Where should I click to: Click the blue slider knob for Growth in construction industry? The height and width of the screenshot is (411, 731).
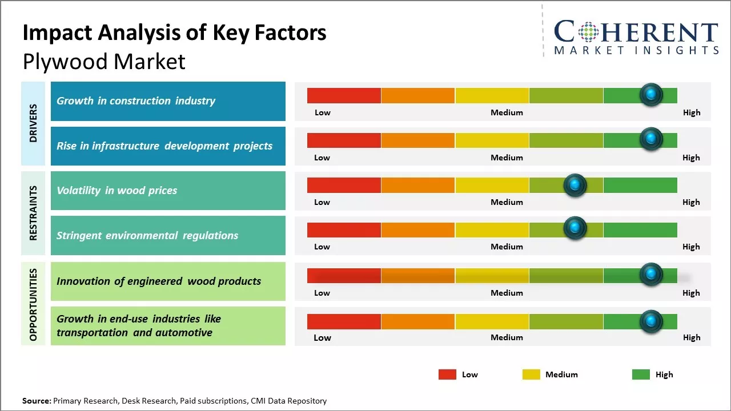tap(651, 95)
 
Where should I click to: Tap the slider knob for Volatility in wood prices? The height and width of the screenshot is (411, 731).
tap(575, 185)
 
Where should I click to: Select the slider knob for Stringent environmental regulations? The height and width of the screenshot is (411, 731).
tap(575, 228)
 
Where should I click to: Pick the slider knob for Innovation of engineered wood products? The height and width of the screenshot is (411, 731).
tap(651, 275)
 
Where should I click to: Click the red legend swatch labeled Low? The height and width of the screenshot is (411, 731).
tap(447, 374)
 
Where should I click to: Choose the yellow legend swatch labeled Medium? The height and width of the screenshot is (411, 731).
tap(531, 374)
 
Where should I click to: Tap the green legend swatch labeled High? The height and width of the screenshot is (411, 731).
tap(641, 374)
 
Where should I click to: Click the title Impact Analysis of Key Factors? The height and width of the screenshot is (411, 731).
tap(174, 33)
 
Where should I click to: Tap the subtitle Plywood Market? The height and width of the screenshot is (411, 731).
tap(104, 62)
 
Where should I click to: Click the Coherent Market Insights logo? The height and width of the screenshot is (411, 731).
tap(636, 37)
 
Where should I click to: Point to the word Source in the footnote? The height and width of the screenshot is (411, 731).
tap(37, 401)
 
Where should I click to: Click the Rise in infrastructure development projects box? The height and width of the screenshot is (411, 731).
tap(168, 146)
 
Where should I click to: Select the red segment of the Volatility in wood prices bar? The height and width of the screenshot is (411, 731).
tap(344, 185)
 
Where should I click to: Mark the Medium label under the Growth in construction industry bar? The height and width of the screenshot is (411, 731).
tap(507, 112)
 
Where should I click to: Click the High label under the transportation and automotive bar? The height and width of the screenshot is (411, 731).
tap(691, 337)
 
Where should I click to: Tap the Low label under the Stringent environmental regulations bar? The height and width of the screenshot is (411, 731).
tap(322, 247)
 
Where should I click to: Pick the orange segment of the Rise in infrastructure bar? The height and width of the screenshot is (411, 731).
tap(417, 140)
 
